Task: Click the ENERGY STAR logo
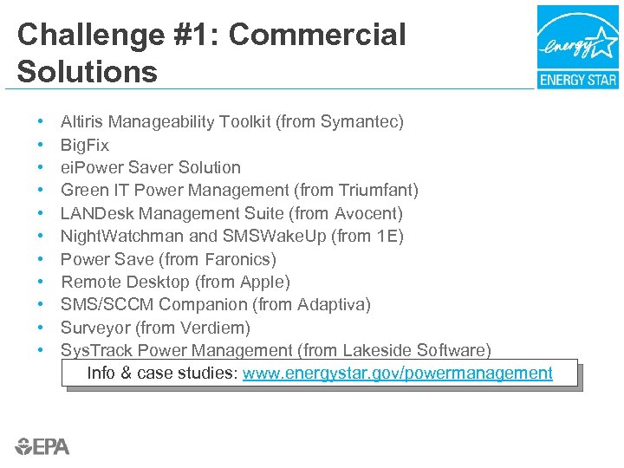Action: (x=577, y=47)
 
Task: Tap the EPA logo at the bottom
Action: (x=42, y=446)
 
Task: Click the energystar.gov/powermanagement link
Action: (x=398, y=374)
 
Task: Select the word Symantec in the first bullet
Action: (x=359, y=122)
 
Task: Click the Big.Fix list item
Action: (x=85, y=145)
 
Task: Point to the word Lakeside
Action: (x=377, y=350)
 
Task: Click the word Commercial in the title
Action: (x=317, y=36)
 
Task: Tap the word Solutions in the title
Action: (x=88, y=72)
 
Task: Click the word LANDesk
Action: (x=97, y=213)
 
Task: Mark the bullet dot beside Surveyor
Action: (x=42, y=328)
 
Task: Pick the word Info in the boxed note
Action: (x=102, y=374)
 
